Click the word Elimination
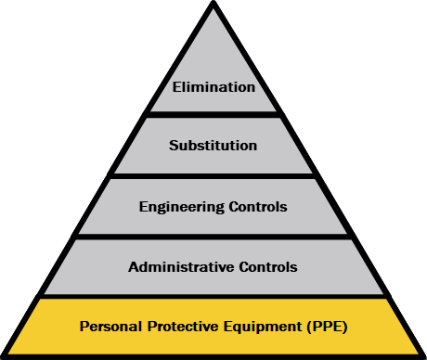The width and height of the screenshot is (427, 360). [213, 87]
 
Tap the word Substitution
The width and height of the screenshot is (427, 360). [213, 146]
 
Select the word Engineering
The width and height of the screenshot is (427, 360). [182, 207]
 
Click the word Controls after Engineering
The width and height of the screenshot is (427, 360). [258, 207]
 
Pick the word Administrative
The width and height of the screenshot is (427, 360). [181, 267]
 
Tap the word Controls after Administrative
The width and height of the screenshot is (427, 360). [268, 267]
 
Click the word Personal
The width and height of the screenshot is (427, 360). [111, 327]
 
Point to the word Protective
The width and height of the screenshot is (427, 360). [184, 327]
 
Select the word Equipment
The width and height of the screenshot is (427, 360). [263, 328]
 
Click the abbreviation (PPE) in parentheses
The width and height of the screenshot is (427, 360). [327, 327]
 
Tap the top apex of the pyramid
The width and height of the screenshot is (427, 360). [213, 2]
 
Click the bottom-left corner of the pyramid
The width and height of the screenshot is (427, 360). [3, 357]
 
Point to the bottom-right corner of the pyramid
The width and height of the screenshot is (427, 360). [424, 357]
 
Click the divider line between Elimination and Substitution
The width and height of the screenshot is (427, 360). [213, 114]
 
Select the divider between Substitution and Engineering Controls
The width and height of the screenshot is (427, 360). [213, 175]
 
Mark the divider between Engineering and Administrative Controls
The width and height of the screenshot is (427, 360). [213, 237]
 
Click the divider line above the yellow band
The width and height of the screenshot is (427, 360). [213, 296]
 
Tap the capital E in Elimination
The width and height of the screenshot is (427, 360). [176, 87]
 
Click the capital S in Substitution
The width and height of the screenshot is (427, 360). [174, 146]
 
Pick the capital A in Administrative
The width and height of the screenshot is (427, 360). [134, 267]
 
